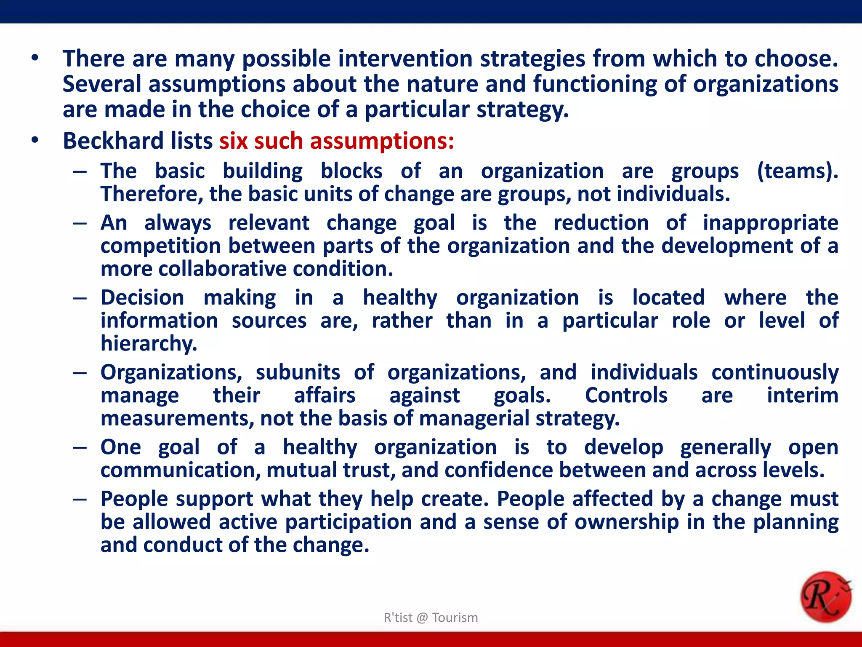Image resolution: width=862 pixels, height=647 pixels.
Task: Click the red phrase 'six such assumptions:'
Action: coord(336,141)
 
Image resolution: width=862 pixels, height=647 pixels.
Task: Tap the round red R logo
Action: coord(825,596)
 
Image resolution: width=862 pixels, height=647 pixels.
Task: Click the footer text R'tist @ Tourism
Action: coord(431,618)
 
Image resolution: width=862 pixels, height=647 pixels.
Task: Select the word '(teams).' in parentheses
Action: coord(797,171)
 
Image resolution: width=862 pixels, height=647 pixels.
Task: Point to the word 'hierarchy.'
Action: coord(149,344)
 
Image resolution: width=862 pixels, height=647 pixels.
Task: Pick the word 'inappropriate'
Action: coord(770,223)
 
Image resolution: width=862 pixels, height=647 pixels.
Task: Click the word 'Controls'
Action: coord(626,396)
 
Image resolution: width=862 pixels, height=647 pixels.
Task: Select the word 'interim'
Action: coord(802,396)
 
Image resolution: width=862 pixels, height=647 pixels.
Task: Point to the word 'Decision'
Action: coord(142,298)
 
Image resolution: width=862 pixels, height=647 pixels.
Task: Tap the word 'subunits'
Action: coord(298,372)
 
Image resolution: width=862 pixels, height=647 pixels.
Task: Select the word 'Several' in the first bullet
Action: coord(102,84)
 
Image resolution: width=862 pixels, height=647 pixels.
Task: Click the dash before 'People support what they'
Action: coord(80,500)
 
